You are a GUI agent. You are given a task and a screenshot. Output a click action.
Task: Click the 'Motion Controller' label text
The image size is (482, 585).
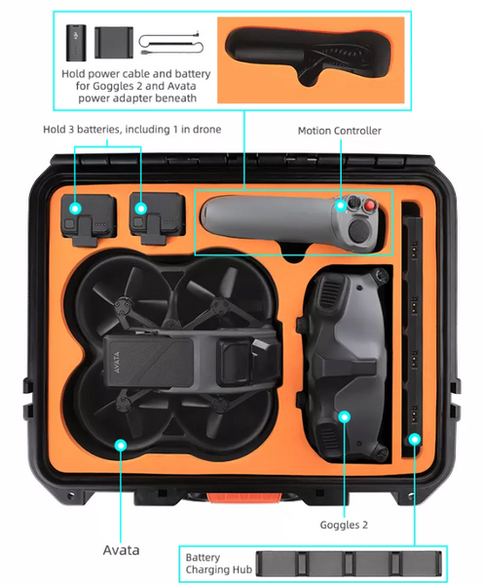coord(339,130)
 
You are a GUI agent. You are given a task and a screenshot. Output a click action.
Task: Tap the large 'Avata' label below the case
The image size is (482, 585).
coord(121,550)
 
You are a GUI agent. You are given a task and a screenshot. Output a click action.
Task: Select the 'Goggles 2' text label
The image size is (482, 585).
coord(343,525)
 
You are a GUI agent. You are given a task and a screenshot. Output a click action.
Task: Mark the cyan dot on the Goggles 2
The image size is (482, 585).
coord(343,417)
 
